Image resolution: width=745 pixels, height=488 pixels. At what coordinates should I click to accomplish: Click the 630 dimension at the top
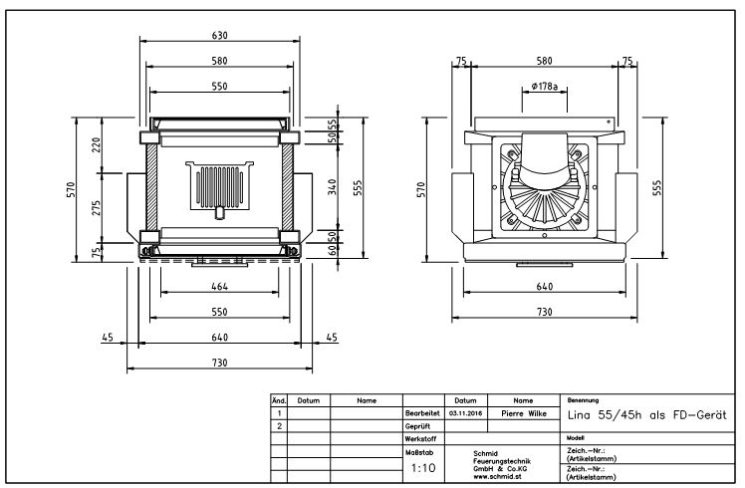tap(219, 35)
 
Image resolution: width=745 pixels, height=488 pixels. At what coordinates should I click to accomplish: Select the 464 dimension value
tap(219, 286)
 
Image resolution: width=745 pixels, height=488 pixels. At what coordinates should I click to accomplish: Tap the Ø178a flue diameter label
tap(545, 86)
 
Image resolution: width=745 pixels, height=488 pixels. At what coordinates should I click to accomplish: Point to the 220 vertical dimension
tap(97, 145)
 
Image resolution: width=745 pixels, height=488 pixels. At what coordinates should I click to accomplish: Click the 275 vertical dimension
tap(97, 208)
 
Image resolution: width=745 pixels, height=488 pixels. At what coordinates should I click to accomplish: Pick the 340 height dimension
tap(333, 186)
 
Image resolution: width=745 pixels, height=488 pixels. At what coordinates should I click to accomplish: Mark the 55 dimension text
tap(333, 124)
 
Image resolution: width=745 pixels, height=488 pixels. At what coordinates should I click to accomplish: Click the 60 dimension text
tap(333, 248)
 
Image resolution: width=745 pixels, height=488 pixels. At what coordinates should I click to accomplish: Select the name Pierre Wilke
tap(524, 413)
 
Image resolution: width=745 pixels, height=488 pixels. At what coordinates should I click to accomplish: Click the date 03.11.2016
tap(466, 413)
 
